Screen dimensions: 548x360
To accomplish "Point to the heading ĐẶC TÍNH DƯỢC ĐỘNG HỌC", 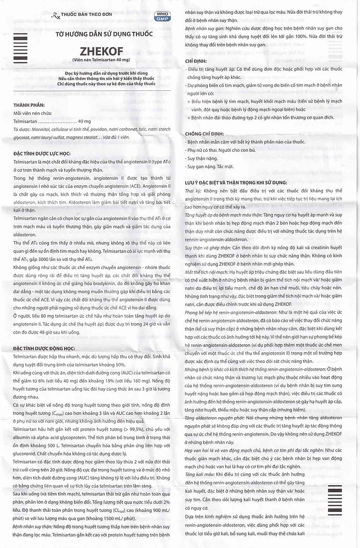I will tap(49, 347).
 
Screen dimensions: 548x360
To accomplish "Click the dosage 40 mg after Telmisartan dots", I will tap(84, 121).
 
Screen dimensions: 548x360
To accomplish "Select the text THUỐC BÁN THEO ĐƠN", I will tap(84, 17).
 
